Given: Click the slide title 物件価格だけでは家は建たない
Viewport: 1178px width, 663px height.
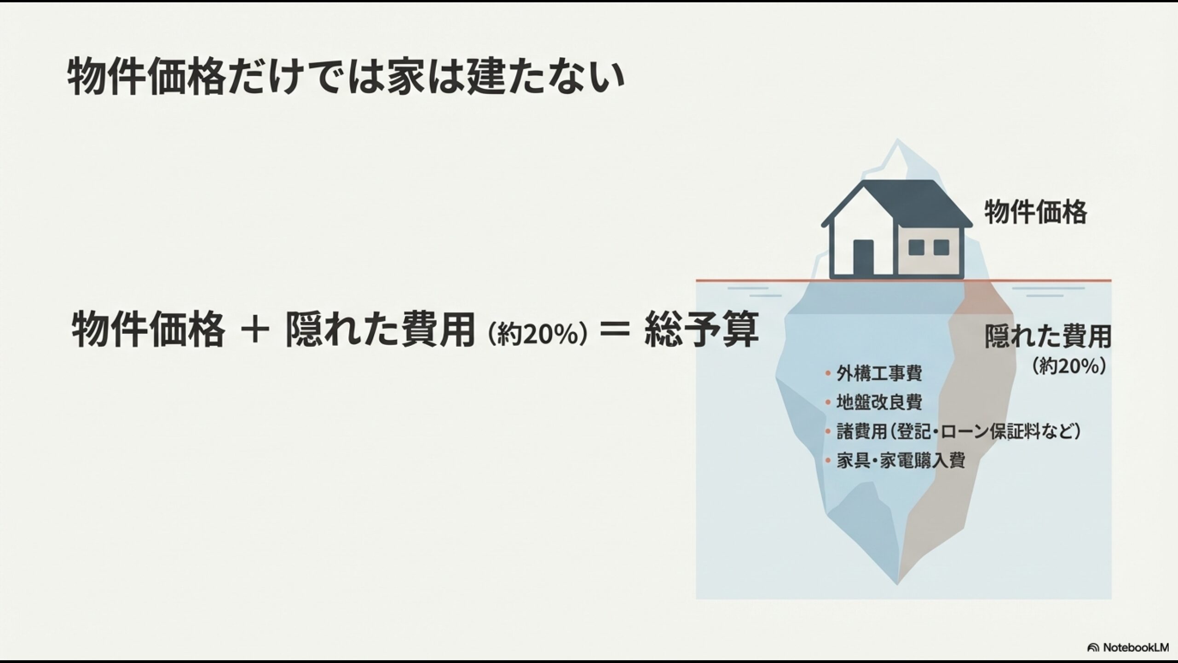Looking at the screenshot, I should (x=345, y=77).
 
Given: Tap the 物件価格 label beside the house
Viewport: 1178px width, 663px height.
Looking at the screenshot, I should (x=1035, y=212).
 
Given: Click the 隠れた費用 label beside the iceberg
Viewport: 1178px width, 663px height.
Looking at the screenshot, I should (x=1048, y=337).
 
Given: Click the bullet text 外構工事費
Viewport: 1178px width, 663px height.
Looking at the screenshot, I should (x=879, y=373).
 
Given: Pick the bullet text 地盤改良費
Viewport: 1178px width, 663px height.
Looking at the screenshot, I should (x=879, y=402).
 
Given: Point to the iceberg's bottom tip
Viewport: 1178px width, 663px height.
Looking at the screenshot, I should (x=897, y=582).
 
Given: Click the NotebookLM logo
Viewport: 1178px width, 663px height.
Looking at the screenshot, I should (x=1132, y=648).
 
